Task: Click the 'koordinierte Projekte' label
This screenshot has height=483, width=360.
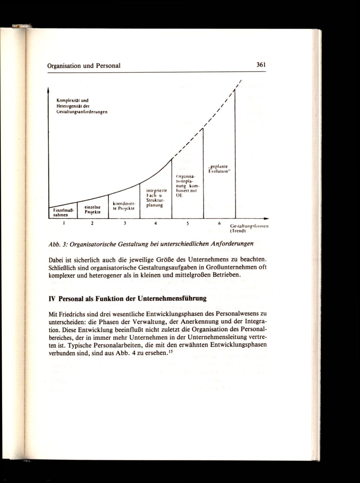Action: (x=123, y=206)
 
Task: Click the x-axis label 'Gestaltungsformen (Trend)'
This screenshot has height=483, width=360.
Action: (x=249, y=228)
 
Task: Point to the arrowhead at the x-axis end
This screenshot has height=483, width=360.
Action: (x=266, y=218)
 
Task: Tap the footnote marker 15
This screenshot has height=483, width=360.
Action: (x=171, y=351)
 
